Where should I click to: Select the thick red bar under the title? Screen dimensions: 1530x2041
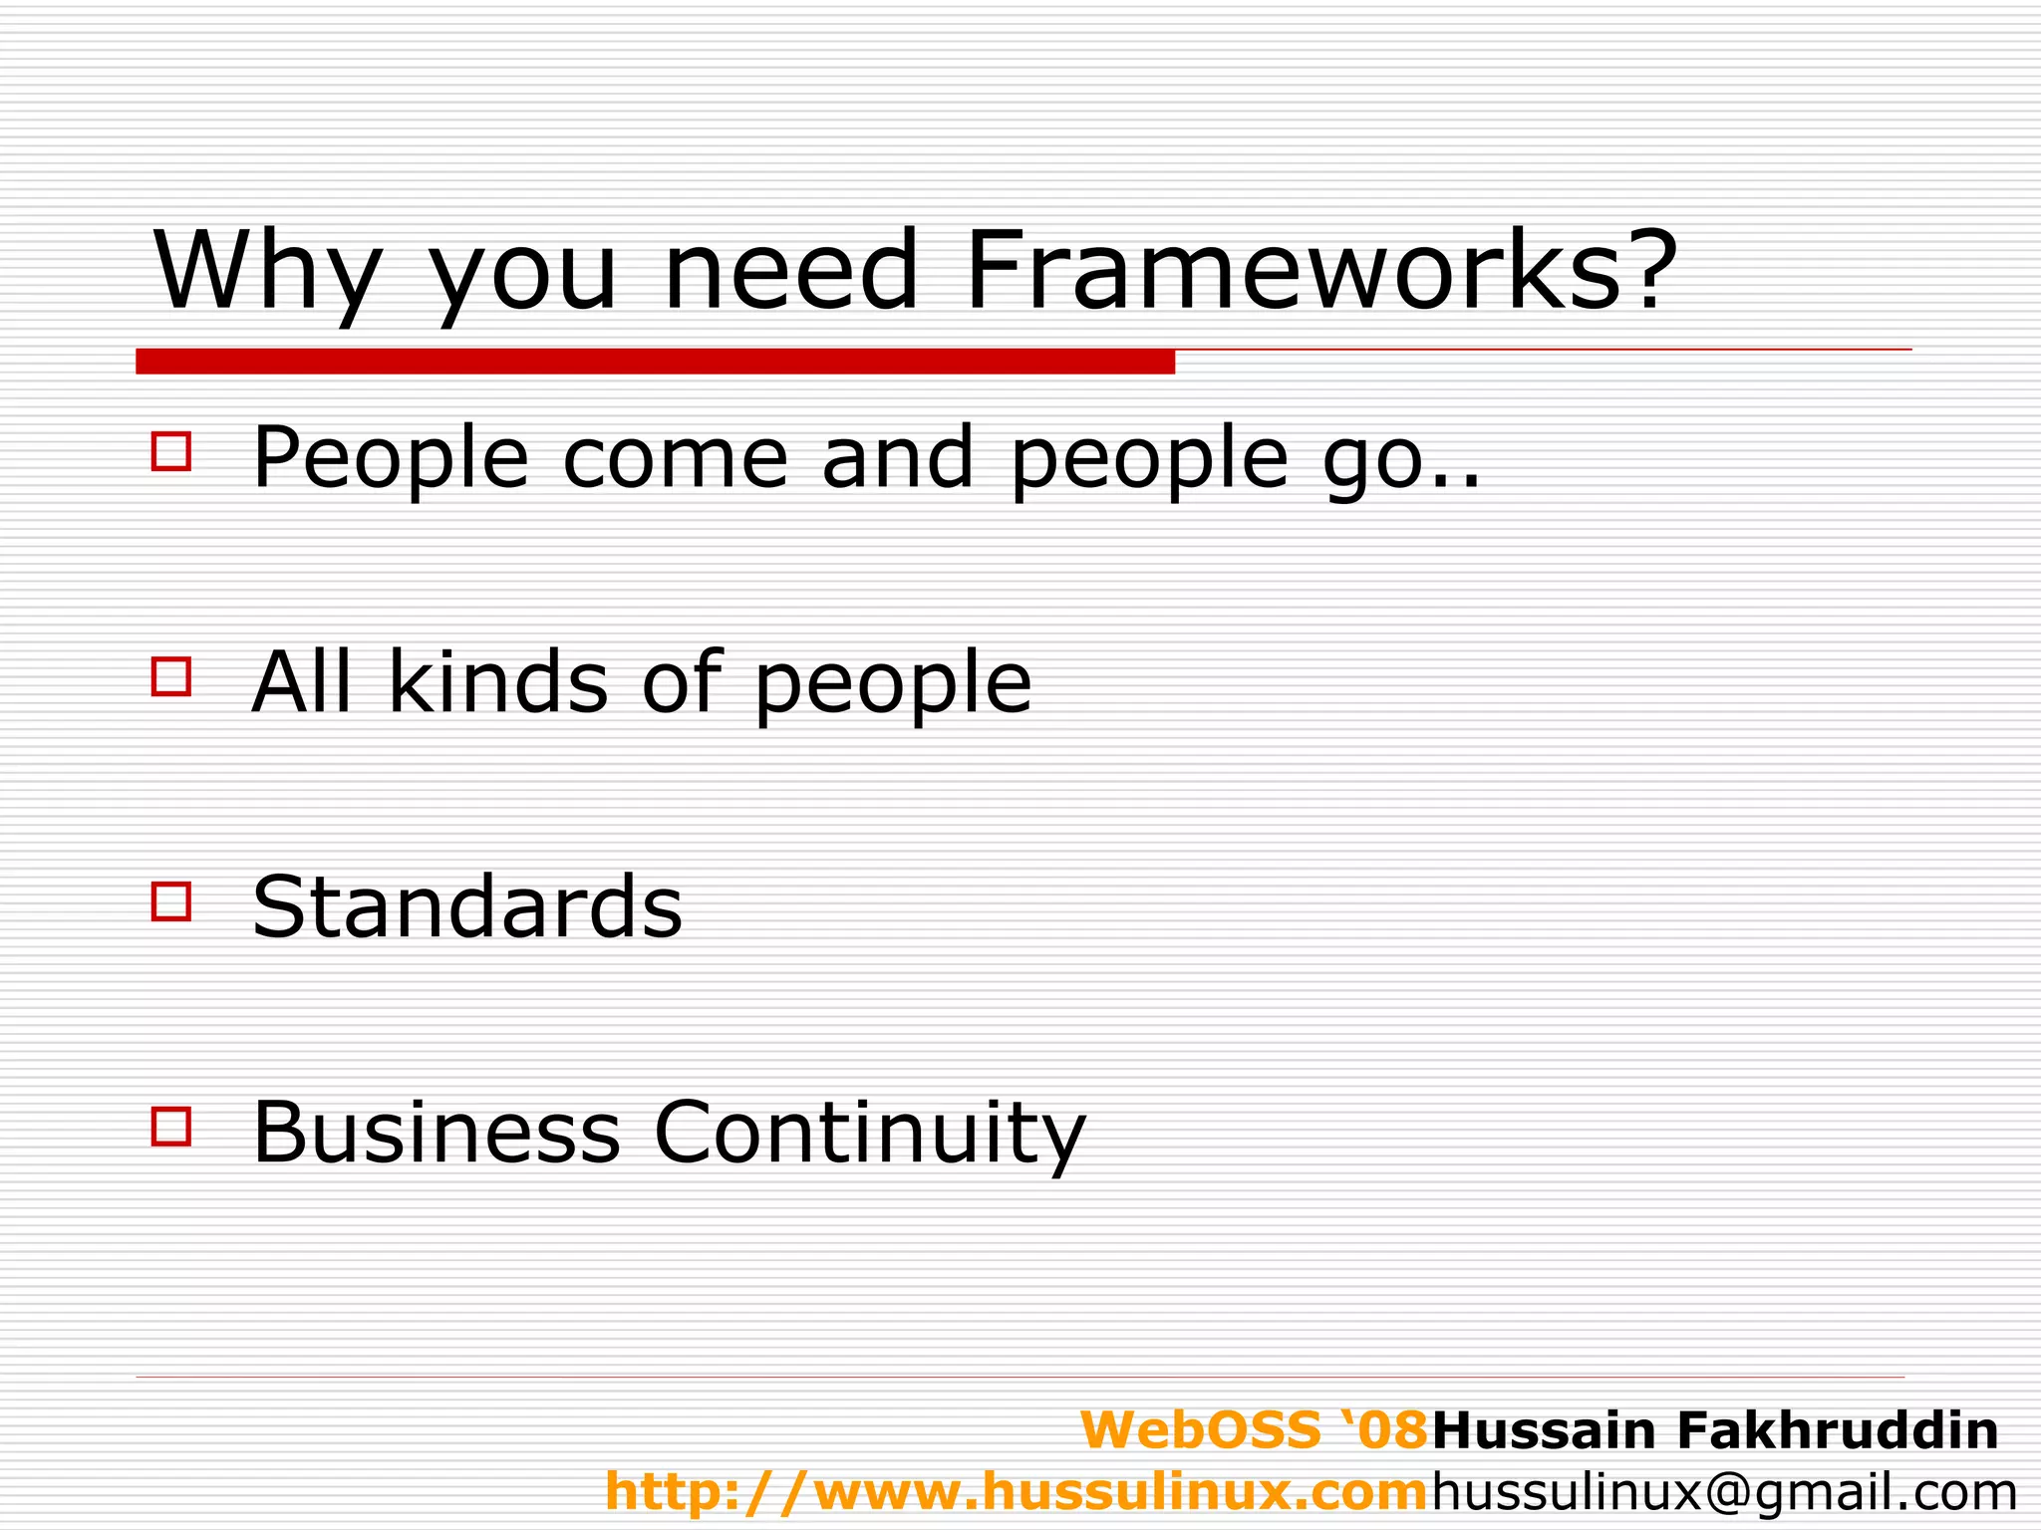(655, 362)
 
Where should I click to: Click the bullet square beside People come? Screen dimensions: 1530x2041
(171, 451)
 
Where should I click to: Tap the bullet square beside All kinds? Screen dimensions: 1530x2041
(171, 676)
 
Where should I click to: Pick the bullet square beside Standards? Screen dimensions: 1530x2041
(171, 901)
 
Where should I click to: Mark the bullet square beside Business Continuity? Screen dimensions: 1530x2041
(171, 1127)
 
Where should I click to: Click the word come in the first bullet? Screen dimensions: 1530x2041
(675, 460)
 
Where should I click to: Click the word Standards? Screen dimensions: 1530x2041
(466, 907)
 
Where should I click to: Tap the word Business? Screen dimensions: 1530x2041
(436, 1134)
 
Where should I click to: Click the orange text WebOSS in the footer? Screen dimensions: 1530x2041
(1201, 1430)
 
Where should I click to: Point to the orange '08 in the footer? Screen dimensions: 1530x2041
(1381, 1430)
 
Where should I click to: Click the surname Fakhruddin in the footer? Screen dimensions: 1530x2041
(1838, 1430)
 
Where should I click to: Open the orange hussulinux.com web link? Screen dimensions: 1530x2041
(1017, 1492)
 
